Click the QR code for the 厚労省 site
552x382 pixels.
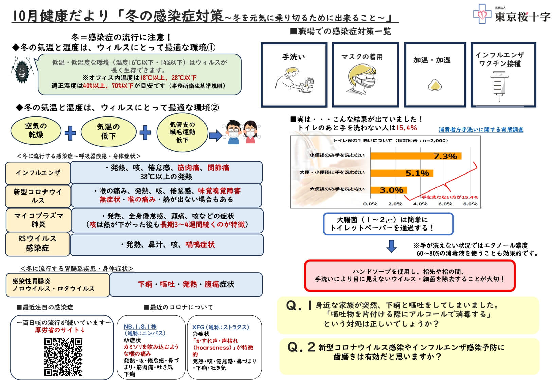pyautogui.click(x=63, y=357)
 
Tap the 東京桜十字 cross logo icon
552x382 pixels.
pyautogui.click(x=482, y=14)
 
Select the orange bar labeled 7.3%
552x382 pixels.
pyautogui.click(x=416, y=156)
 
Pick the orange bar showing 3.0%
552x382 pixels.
pyautogui.click(x=388, y=190)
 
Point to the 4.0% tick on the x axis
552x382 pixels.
pyautogui.click(x=420, y=204)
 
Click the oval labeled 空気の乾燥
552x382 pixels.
pyautogui.click(x=36, y=131)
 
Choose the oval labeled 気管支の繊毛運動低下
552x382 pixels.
pyautogui.click(x=182, y=132)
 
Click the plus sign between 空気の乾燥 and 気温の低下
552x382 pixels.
pyautogui.click(x=70, y=133)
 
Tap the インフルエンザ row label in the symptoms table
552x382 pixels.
pyautogui.click(x=38, y=173)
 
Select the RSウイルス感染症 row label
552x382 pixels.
pyautogui.click(x=37, y=243)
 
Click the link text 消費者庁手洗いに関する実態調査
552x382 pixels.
pyautogui.click(x=481, y=130)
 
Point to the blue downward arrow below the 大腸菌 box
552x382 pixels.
pyautogui.click(x=392, y=246)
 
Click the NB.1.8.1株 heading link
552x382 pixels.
pyautogui.click(x=140, y=327)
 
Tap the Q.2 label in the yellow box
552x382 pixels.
pyautogui.click(x=301, y=347)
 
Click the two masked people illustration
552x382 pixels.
pyautogui.click(x=242, y=132)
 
